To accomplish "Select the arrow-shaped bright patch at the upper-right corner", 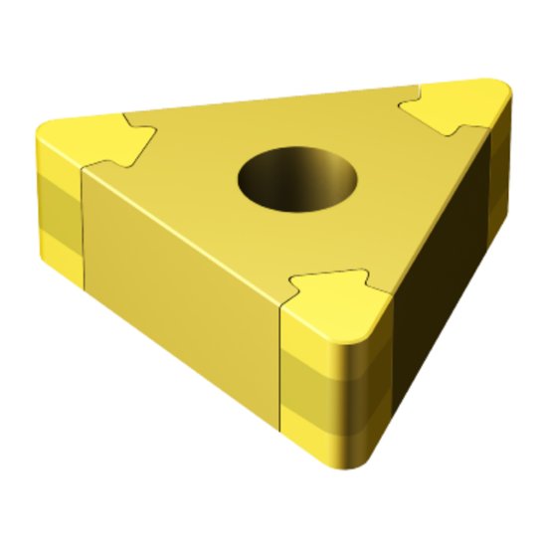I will point(459,106).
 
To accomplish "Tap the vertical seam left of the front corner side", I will point(281,378).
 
